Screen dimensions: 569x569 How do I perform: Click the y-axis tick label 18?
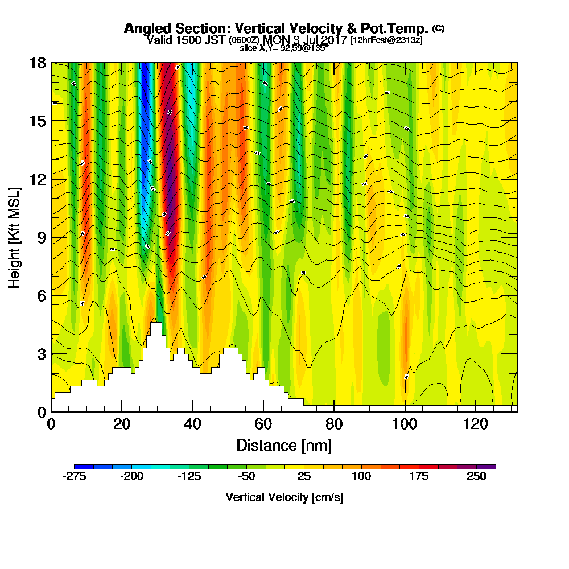pos(39,63)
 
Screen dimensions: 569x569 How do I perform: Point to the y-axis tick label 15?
pos(39,121)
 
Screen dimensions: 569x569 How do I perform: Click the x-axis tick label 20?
pos(122,424)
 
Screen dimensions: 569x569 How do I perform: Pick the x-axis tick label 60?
pos(263,424)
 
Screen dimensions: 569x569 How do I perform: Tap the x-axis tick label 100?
pos(405,424)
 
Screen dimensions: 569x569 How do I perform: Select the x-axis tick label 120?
pos(475,424)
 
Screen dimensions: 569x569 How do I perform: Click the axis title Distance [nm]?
pos(284,445)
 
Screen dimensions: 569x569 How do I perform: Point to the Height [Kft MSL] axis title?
pos(15,237)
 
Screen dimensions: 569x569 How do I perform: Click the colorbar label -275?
pos(74,477)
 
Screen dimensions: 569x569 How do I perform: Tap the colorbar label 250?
pos(476,477)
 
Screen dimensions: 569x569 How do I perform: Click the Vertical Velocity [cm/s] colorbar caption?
pos(284,497)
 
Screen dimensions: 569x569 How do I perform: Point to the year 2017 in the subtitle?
pos(332,40)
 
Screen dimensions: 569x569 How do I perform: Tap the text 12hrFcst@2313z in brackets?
pos(386,40)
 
